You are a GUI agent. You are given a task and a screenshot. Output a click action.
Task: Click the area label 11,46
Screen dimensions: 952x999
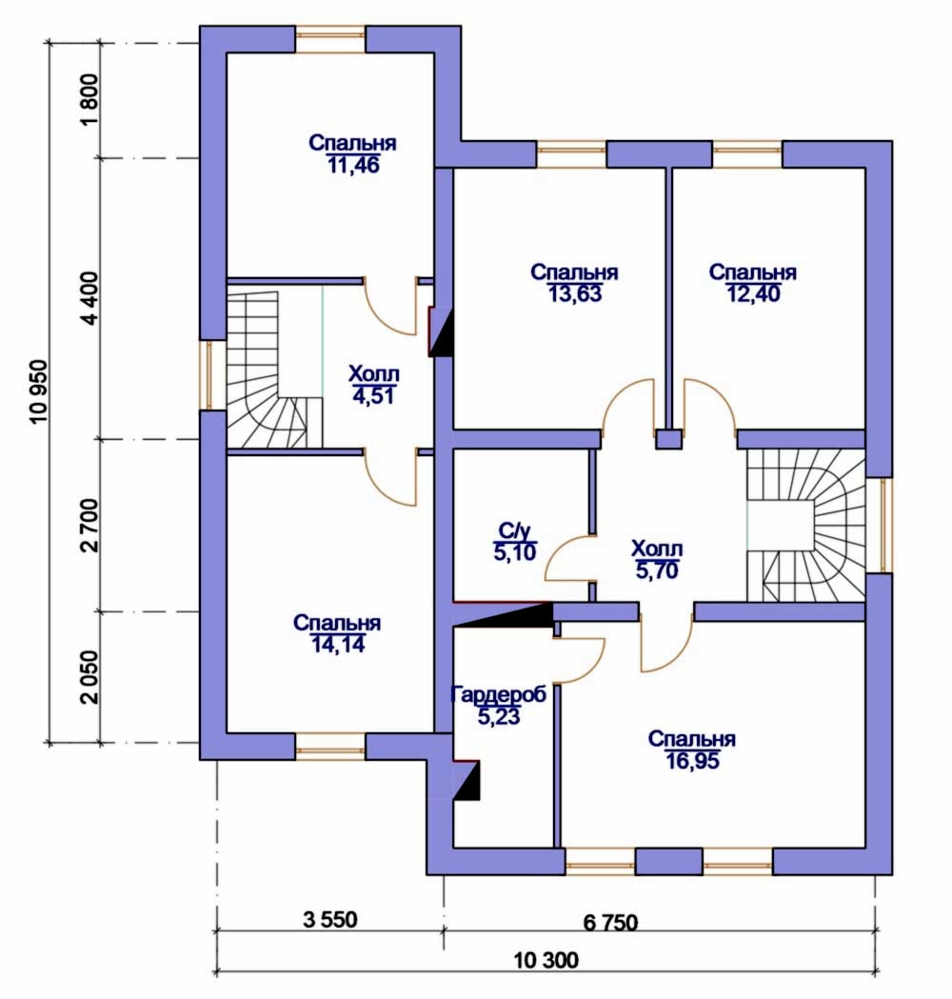[x=353, y=166]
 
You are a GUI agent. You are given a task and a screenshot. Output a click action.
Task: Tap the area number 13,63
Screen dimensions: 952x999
[x=574, y=294]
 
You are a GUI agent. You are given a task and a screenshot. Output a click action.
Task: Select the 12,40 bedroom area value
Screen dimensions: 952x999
[x=753, y=294]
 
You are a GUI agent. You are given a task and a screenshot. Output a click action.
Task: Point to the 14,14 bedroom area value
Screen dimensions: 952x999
[x=338, y=645]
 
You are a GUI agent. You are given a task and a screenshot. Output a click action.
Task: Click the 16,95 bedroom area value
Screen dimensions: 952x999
[x=693, y=761]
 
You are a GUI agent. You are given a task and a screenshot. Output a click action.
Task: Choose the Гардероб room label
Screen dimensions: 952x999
[x=499, y=694]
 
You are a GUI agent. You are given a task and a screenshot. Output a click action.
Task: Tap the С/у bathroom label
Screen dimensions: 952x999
[x=514, y=530]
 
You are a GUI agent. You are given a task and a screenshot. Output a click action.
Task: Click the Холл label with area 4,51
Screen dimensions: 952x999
[x=374, y=373]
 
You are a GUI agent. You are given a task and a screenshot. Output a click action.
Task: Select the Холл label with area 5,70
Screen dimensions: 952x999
[x=657, y=548]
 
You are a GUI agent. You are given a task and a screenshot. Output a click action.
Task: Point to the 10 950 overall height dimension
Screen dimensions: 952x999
[x=37, y=391]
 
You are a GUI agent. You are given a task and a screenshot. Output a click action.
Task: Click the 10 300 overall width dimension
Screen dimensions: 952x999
[x=546, y=960]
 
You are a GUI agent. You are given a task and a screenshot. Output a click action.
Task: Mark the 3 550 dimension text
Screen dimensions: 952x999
[x=329, y=919]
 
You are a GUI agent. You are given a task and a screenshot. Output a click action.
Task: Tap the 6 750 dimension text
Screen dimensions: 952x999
[x=610, y=922]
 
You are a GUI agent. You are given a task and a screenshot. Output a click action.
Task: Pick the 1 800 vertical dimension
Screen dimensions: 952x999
[x=89, y=100]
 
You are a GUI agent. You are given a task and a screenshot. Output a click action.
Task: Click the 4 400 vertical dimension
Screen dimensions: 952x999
[x=89, y=298]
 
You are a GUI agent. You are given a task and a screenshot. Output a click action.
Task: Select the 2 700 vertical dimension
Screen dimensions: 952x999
[x=89, y=525]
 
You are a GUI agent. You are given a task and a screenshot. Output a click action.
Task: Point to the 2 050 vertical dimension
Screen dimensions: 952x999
[x=89, y=676]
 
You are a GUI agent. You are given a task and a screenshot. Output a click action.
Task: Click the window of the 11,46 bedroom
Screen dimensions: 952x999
[x=330, y=39]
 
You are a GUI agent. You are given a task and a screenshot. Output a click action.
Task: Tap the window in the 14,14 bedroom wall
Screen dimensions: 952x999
[x=330, y=746]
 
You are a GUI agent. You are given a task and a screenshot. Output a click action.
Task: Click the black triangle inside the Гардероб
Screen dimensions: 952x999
[x=469, y=782]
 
